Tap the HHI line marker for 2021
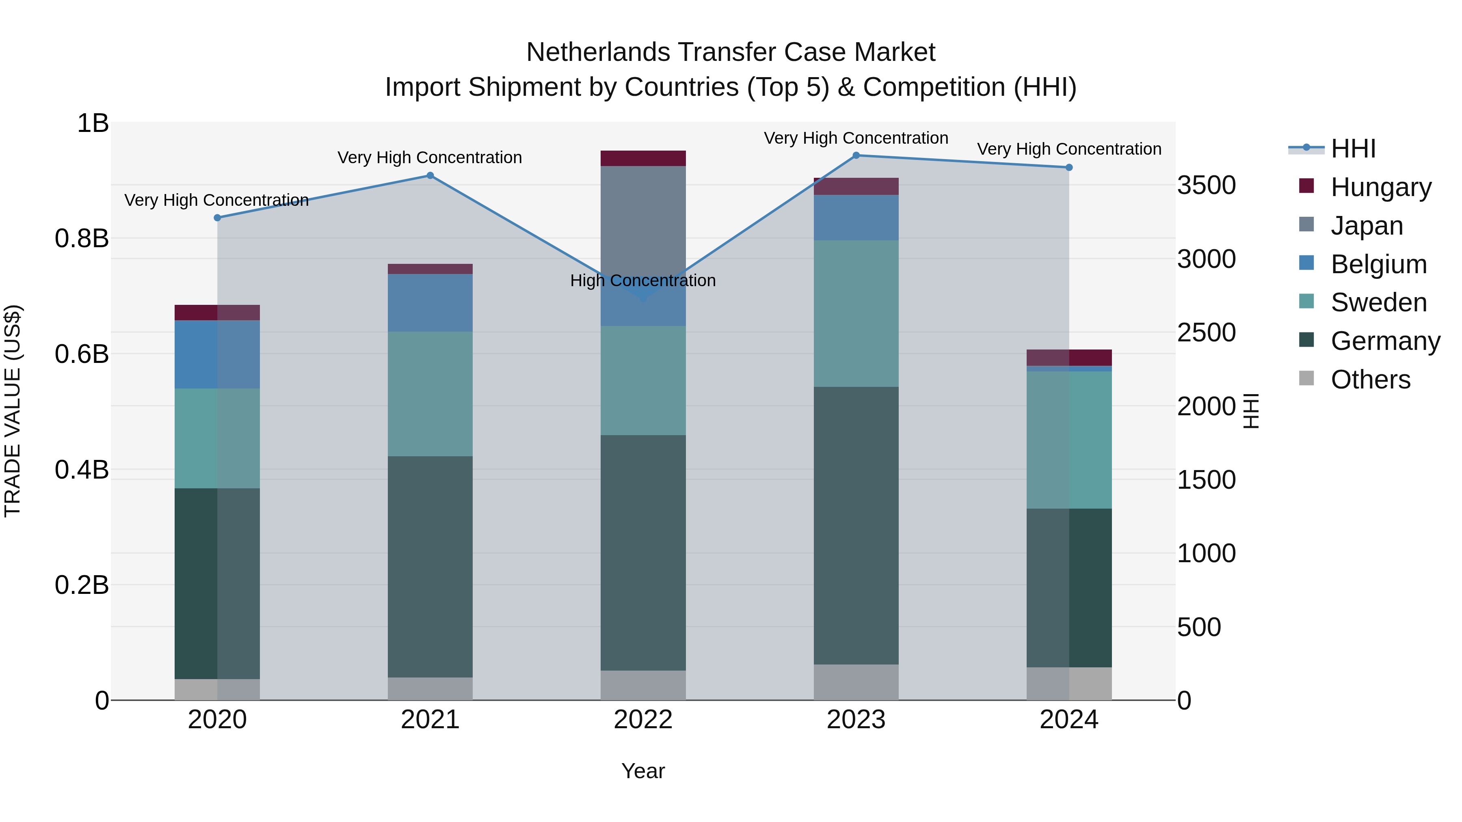pos(430,176)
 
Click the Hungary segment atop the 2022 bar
pos(643,158)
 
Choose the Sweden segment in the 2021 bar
pos(430,394)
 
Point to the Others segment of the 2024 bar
pos(1069,684)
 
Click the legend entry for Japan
pos(1367,226)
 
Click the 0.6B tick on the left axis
pos(82,354)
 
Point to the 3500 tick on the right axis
pos(1206,186)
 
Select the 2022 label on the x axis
pos(643,720)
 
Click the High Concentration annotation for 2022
pos(643,281)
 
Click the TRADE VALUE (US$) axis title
pos(13,411)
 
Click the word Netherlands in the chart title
pos(598,52)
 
